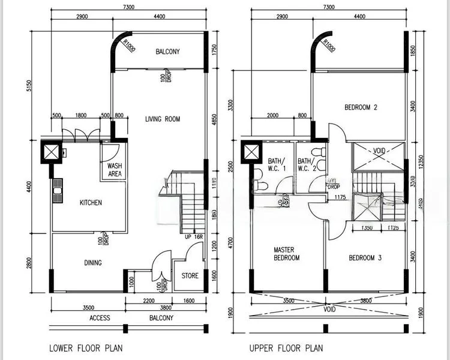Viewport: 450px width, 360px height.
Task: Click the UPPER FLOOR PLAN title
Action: (286, 347)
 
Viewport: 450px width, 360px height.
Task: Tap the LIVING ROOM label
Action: (163, 119)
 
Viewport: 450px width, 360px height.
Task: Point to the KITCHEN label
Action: (91, 203)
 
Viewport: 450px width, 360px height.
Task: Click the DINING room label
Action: (89, 262)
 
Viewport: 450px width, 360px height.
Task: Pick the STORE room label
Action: (190, 276)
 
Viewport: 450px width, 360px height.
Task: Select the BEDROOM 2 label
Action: (361, 108)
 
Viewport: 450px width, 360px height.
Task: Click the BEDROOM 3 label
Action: (365, 258)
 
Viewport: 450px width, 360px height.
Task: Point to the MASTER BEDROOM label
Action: (286, 254)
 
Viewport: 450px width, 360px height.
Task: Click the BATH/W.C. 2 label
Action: (306, 164)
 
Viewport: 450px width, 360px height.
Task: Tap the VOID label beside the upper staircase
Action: (378, 151)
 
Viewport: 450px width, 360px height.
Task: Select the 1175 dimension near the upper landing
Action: (340, 197)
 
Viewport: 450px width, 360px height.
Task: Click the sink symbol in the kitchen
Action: (58, 192)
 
